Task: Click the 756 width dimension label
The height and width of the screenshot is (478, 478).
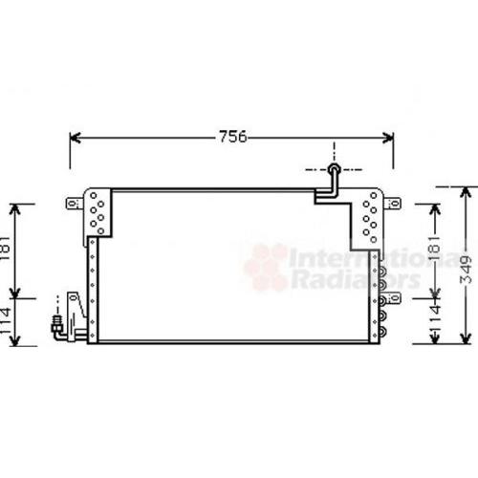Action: [233, 137]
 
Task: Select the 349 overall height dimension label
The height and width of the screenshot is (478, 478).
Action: [466, 270]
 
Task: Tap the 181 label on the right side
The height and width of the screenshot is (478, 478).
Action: [435, 249]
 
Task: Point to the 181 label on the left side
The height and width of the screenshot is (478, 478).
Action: [6, 249]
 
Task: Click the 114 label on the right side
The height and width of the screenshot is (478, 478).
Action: [435, 319]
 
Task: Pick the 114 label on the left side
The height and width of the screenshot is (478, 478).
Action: [6, 321]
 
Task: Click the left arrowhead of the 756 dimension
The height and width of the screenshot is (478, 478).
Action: [76, 138]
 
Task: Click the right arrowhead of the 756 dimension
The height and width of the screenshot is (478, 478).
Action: [388, 138]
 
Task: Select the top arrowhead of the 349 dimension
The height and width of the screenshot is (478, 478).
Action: [466, 193]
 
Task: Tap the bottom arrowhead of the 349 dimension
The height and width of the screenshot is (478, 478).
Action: [466, 337]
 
